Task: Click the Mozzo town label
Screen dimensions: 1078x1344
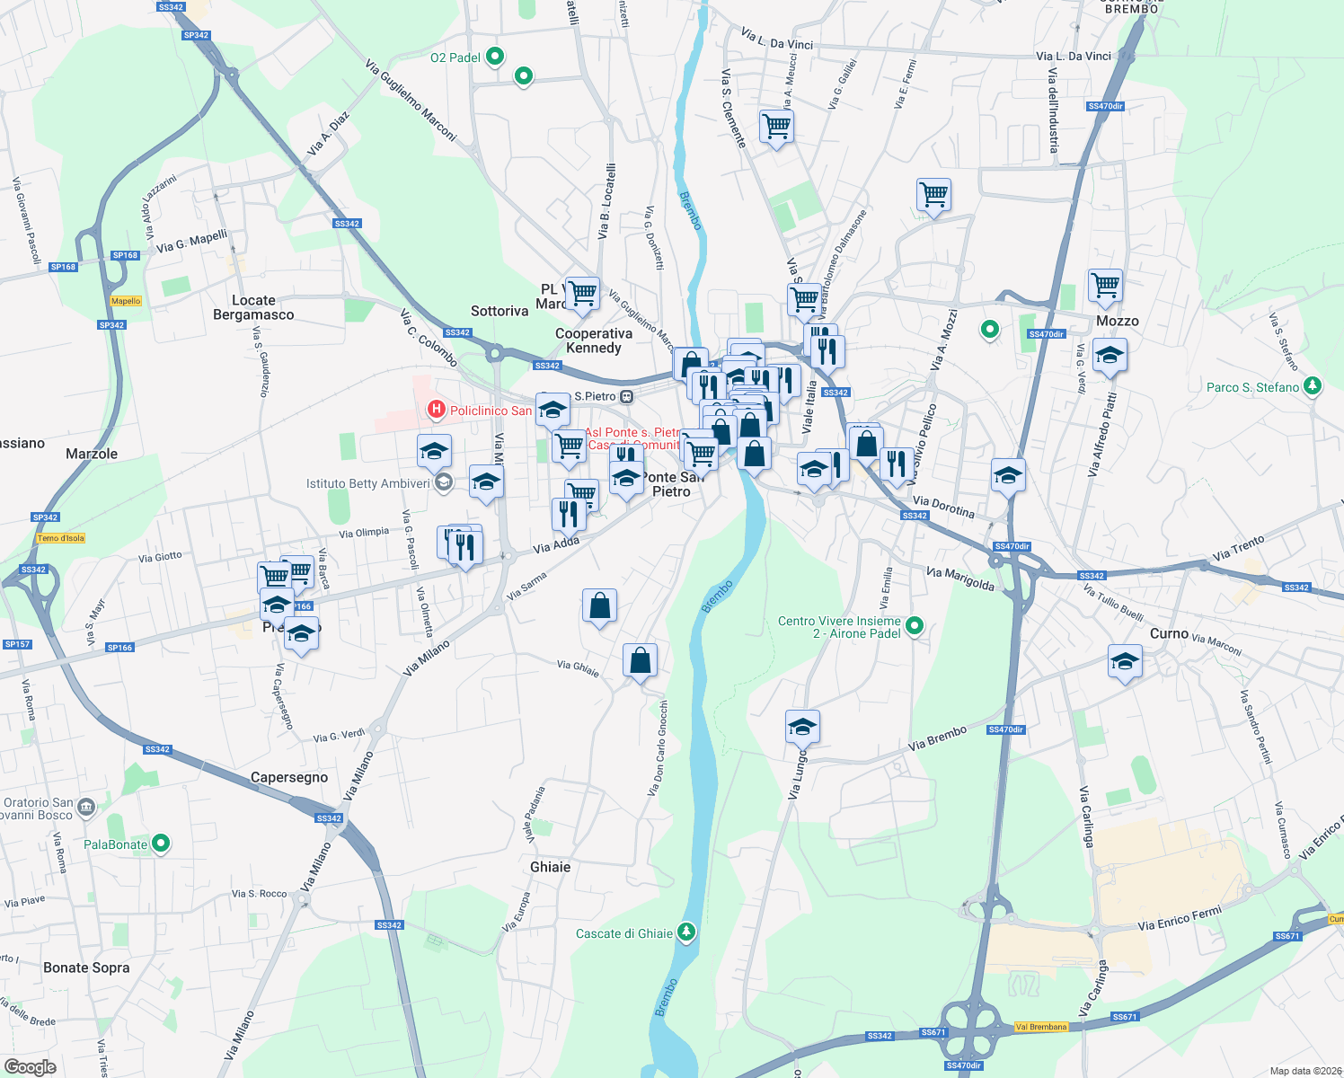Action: (1117, 321)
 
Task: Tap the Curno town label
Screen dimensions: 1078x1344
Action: (1169, 633)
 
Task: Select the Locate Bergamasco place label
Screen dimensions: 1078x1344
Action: (253, 307)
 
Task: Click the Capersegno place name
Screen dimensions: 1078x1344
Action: (289, 777)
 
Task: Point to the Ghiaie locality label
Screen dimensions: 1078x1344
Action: (551, 867)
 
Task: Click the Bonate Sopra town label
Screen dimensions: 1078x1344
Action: (86, 968)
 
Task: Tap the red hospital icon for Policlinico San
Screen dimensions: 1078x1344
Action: (437, 411)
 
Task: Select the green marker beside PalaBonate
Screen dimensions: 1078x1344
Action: (161, 844)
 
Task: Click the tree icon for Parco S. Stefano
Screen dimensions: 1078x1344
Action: (1313, 386)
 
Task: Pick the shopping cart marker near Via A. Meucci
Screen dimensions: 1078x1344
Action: (776, 126)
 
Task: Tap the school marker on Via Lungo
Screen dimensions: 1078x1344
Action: (802, 727)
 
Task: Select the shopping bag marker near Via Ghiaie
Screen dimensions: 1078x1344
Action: (640, 661)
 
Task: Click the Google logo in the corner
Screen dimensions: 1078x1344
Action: (30, 1066)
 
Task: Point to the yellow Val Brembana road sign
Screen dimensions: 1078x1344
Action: (1041, 1027)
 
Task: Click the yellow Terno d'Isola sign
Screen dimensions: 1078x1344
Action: (61, 538)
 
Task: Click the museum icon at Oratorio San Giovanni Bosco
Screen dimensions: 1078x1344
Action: (86, 806)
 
